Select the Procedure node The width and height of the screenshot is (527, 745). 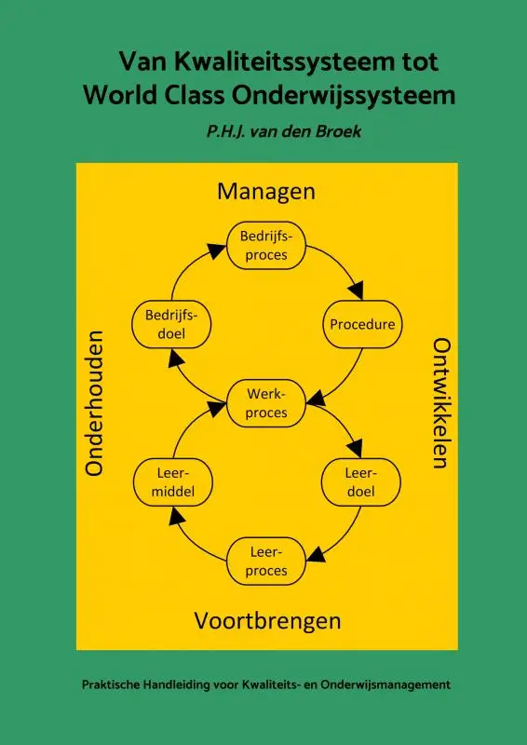point(362,325)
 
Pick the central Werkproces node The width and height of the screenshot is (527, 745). point(268,403)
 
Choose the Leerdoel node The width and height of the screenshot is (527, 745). point(360,482)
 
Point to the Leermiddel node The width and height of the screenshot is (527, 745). point(173,482)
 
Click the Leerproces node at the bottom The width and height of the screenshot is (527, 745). point(268,562)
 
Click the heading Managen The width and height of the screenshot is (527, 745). point(266,191)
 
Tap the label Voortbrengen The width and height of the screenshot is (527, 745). point(267,620)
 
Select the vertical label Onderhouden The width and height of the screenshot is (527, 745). point(94,402)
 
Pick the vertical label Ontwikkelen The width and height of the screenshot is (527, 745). point(441,402)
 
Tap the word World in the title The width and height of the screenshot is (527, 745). point(115,95)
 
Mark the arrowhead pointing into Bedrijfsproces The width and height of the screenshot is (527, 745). point(219,252)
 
